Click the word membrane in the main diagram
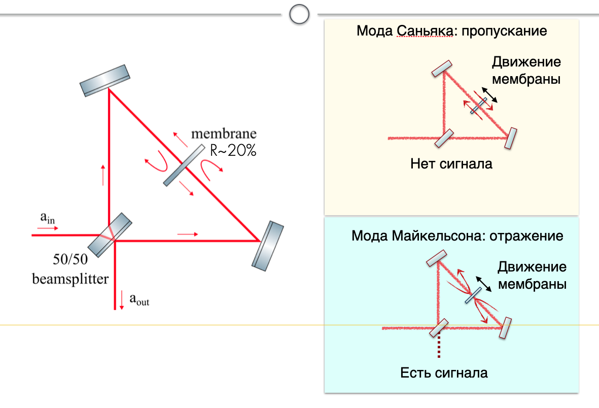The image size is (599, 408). [224, 133]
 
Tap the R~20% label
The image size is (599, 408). [233, 150]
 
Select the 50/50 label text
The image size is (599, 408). [71, 259]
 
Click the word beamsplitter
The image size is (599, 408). [71, 279]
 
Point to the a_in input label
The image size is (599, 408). [47, 218]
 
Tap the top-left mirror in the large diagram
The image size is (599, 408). [104, 80]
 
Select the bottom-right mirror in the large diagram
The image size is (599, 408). [267, 246]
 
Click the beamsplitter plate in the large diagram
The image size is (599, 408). [110, 235]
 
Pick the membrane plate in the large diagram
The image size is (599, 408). [184, 165]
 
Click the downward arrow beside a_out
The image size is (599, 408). [122, 300]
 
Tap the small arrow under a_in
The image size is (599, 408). [48, 228]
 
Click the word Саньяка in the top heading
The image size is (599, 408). [425, 30]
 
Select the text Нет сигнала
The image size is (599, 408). [451, 164]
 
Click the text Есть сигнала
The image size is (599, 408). [444, 373]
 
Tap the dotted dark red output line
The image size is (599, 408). [439, 344]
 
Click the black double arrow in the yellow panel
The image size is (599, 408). [489, 95]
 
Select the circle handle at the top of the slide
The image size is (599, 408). [299, 14]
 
